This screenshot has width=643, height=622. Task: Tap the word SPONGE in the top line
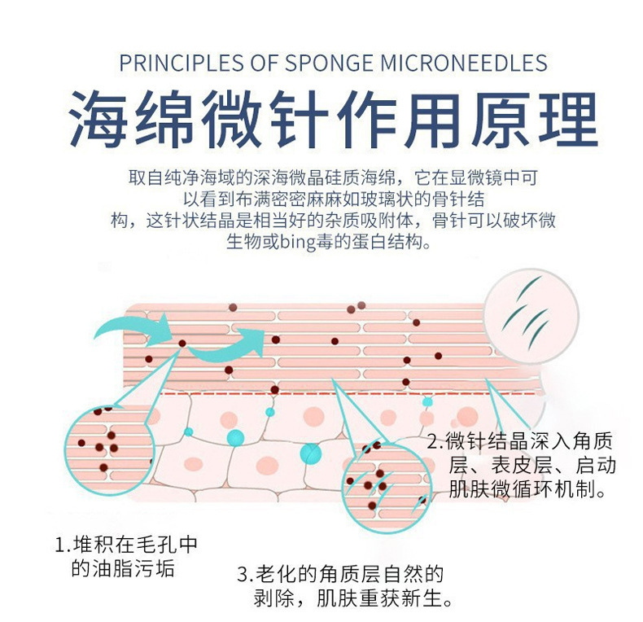(x=310, y=64)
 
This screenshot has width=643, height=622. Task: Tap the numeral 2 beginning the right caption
(x=434, y=444)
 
